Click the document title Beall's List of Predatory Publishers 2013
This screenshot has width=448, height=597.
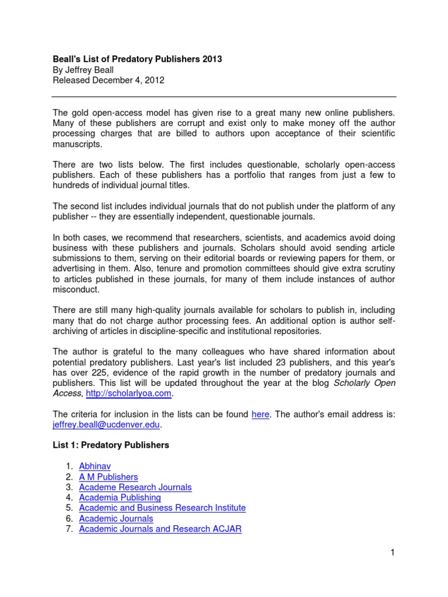pyautogui.click(x=137, y=59)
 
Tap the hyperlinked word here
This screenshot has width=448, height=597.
pyautogui.click(x=260, y=415)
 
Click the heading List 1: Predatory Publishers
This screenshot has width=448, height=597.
pyautogui.click(x=111, y=445)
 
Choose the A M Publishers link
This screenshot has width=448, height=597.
pyautogui.click(x=108, y=476)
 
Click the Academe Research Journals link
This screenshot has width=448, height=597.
pyautogui.click(x=135, y=487)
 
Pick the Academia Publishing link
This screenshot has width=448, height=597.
pyautogui.click(x=120, y=497)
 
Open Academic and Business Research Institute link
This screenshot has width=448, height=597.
pyautogui.click(x=162, y=508)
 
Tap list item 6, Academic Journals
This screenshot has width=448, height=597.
pyautogui.click(x=116, y=518)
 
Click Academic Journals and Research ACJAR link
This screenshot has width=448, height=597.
pyautogui.click(x=160, y=529)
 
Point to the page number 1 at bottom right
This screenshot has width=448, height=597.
pyautogui.click(x=393, y=553)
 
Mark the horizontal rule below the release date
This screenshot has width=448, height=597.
pyautogui.click(x=224, y=96)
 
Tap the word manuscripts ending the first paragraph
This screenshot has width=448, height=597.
pyautogui.click(x=77, y=144)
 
